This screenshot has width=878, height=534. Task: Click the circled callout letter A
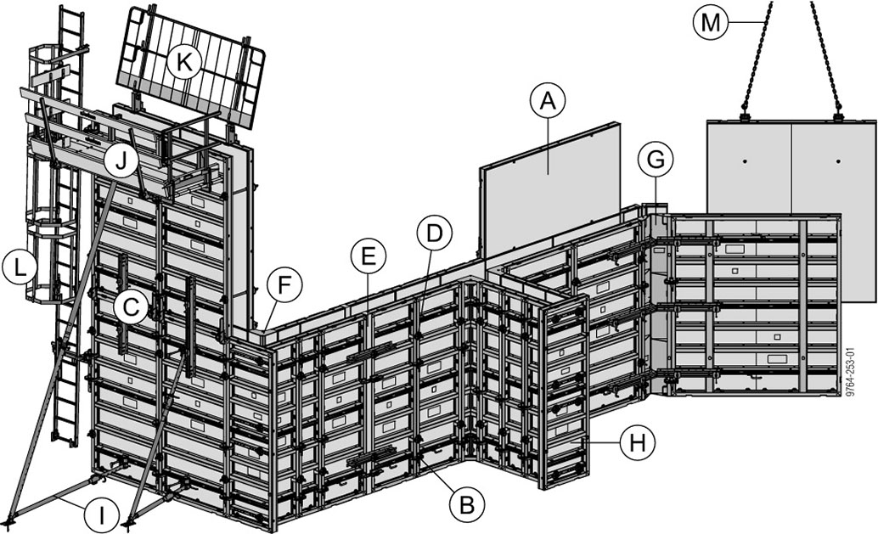coord(548,101)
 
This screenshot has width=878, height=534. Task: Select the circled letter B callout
coord(466,505)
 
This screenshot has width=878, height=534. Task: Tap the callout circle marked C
coord(131,307)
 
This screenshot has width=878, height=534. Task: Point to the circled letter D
coord(434,233)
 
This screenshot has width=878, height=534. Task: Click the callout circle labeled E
coord(368,255)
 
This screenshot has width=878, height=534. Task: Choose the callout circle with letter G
coord(656,159)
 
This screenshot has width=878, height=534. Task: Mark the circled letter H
coord(636,442)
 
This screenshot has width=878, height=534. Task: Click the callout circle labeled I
coord(101,515)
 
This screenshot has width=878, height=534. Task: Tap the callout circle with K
coord(183,61)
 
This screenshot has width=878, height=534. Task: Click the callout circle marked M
coord(710,21)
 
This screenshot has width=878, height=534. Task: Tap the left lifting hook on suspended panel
coord(745,115)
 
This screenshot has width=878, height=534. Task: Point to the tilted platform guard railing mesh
coord(191,68)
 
